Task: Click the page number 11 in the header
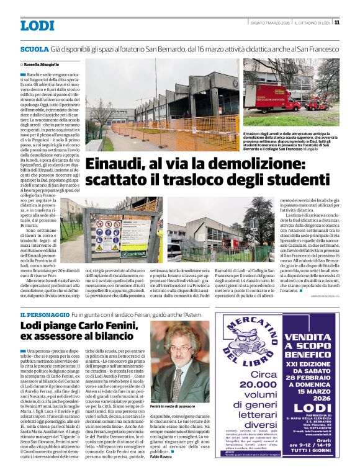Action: [336, 23]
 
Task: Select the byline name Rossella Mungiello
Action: [42, 64]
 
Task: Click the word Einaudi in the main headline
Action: [117, 164]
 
